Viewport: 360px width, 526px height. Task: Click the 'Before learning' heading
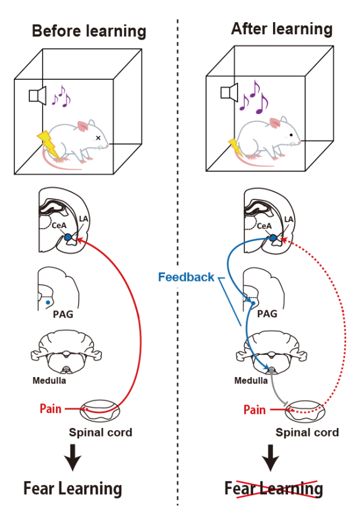coord(89,31)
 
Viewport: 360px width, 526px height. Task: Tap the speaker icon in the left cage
coord(38,95)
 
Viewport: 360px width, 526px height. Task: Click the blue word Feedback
coord(186,277)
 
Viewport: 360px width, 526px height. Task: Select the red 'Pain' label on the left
coord(50,408)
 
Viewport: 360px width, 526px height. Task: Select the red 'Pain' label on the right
coord(254,410)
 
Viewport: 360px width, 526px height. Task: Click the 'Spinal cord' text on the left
coord(100,431)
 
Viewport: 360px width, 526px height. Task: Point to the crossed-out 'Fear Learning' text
coord(274,488)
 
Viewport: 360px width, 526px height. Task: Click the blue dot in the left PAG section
coord(48,303)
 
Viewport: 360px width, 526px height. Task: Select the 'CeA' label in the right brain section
coord(262,226)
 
